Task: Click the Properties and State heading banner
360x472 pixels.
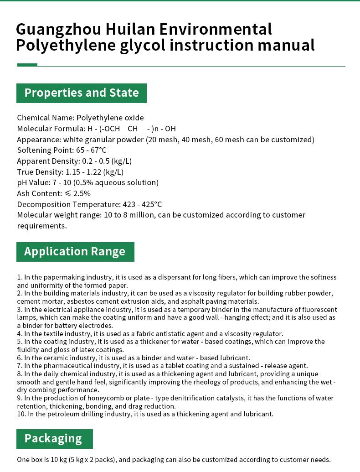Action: tap(82, 93)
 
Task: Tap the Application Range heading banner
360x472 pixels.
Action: tap(75, 252)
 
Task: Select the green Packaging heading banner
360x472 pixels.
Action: tap(54, 439)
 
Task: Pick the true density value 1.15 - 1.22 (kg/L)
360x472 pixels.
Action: tap(95, 172)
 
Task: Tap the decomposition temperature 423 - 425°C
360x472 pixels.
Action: tap(142, 204)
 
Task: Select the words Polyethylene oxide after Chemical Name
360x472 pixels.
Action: tap(110, 118)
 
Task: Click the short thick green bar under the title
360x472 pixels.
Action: tap(27, 65)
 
